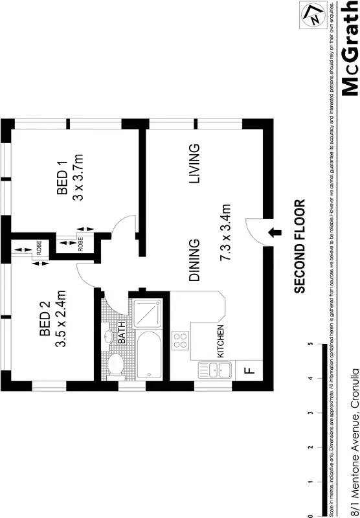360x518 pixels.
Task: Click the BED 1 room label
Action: [63, 184]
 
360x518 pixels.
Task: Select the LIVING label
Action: [194, 164]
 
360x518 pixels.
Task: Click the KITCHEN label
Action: [221, 341]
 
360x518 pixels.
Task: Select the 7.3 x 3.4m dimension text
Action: [225, 232]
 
